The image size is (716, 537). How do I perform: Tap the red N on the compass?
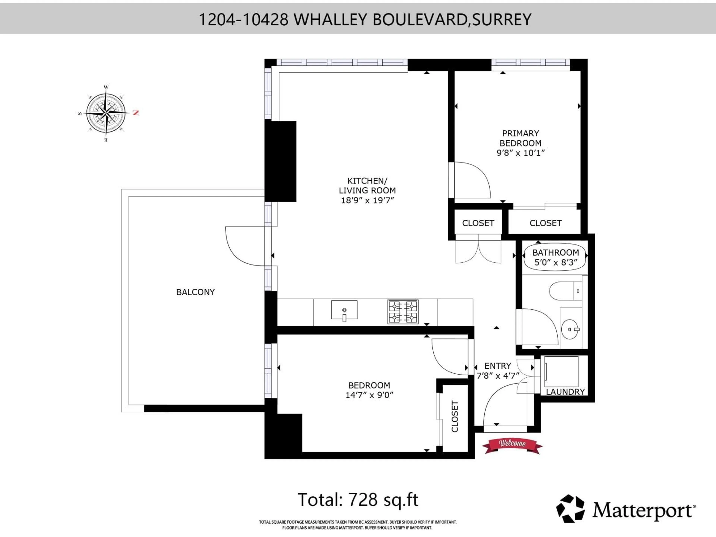[x=136, y=113]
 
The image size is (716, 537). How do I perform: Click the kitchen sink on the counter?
[x=344, y=310]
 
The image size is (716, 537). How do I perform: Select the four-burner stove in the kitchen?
[x=403, y=312]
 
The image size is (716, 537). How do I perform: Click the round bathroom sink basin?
[x=570, y=329]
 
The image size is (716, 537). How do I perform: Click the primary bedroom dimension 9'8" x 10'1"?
[x=520, y=153]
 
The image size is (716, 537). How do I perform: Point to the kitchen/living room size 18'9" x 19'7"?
[x=367, y=200]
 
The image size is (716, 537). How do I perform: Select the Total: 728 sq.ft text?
[x=358, y=500]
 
